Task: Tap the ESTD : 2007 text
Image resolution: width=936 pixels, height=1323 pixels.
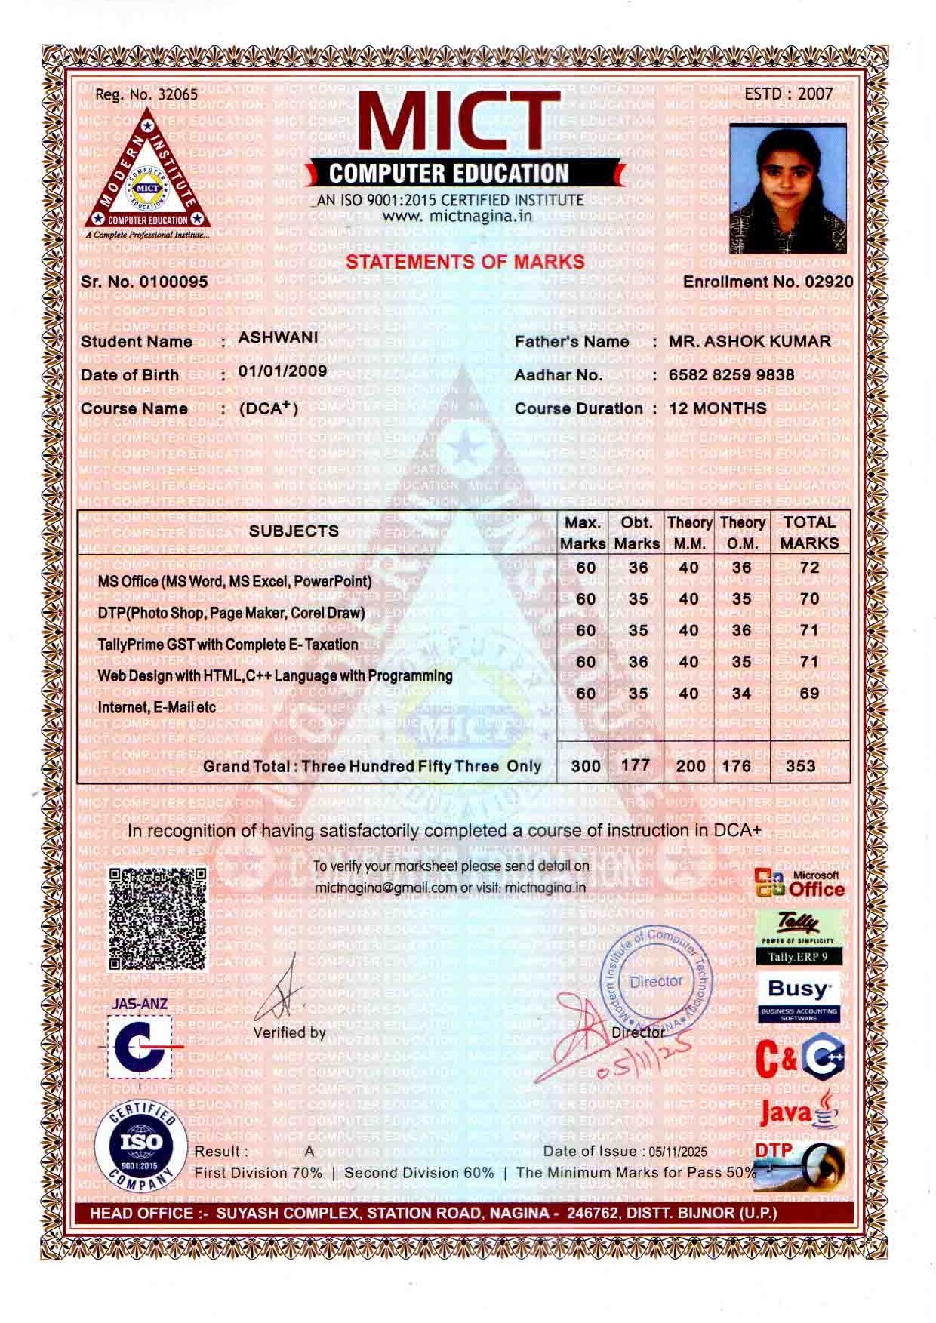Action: (x=788, y=94)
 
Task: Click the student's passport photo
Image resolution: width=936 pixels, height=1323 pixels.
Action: (x=788, y=189)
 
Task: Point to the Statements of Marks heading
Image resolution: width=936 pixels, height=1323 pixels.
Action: (x=465, y=262)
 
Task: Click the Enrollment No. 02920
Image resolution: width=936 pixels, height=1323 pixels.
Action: (x=768, y=282)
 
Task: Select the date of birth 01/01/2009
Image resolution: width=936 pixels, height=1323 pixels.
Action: (x=283, y=371)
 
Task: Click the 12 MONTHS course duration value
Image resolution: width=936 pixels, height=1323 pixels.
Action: (x=718, y=408)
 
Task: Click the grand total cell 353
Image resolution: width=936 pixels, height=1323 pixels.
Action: (x=800, y=765)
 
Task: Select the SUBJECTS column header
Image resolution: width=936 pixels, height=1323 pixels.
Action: (x=294, y=531)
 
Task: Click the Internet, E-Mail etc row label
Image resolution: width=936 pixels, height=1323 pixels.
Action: (x=157, y=707)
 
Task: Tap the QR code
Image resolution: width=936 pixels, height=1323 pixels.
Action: (x=157, y=918)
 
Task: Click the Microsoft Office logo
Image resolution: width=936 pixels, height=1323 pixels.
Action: (x=799, y=884)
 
